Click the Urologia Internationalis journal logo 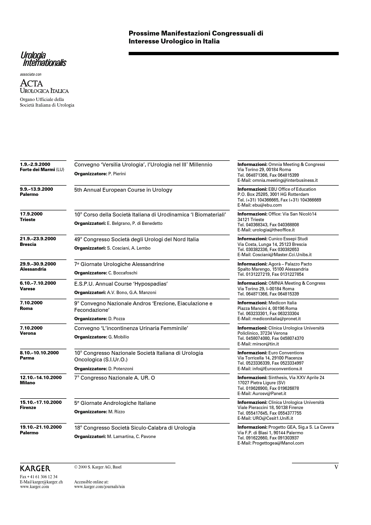[44, 59]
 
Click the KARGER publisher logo [35, 468]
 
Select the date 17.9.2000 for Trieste [31, 214]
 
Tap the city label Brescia [29, 245]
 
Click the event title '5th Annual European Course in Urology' [123, 190]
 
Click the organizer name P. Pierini [116, 174]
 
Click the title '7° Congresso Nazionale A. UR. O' [115, 377]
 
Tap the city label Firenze [28, 408]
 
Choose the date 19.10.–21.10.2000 [41, 427]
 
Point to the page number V [336, 467]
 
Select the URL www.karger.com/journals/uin [99, 487]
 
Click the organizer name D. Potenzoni [122, 369]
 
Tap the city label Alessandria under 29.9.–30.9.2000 [33, 269]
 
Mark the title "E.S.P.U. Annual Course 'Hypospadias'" [121, 283]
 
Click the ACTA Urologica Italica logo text [44, 86]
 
